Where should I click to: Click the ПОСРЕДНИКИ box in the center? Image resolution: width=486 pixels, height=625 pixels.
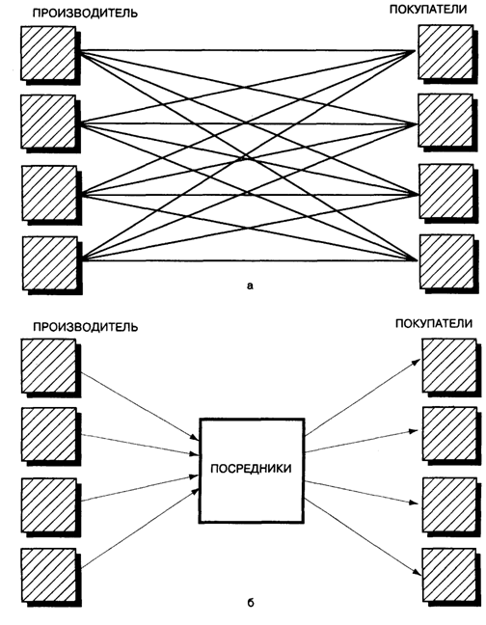click(252, 470)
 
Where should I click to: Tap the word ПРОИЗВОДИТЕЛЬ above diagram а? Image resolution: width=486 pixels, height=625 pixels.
click(85, 14)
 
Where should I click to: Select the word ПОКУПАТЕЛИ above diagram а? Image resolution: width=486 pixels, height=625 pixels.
click(428, 10)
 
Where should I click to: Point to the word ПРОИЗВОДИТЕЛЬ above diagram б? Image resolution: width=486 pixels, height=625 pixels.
click(85, 327)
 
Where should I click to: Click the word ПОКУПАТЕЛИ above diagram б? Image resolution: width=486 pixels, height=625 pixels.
click(434, 323)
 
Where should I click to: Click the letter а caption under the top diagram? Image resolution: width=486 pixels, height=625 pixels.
click(250, 285)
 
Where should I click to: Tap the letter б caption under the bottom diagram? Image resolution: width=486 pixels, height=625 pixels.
click(251, 602)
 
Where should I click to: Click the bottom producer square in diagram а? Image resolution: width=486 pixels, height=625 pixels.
click(50, 263)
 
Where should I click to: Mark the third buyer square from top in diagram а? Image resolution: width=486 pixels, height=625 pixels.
click(447, 191)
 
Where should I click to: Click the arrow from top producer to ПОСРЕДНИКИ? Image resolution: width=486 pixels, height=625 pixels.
click(140, 406)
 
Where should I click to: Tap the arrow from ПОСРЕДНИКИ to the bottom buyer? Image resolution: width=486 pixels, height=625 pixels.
click(363, 537)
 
